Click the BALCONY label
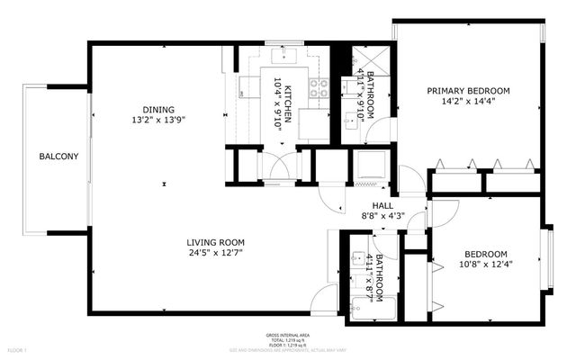coord(58,157)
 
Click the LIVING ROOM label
coord(216,242)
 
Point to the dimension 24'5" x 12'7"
coord(216,254)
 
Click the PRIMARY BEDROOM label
coord(468,90)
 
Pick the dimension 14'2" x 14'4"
coord(468,102)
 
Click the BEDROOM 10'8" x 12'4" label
coord(486,254)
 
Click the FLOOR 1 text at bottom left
coord(17,349)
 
